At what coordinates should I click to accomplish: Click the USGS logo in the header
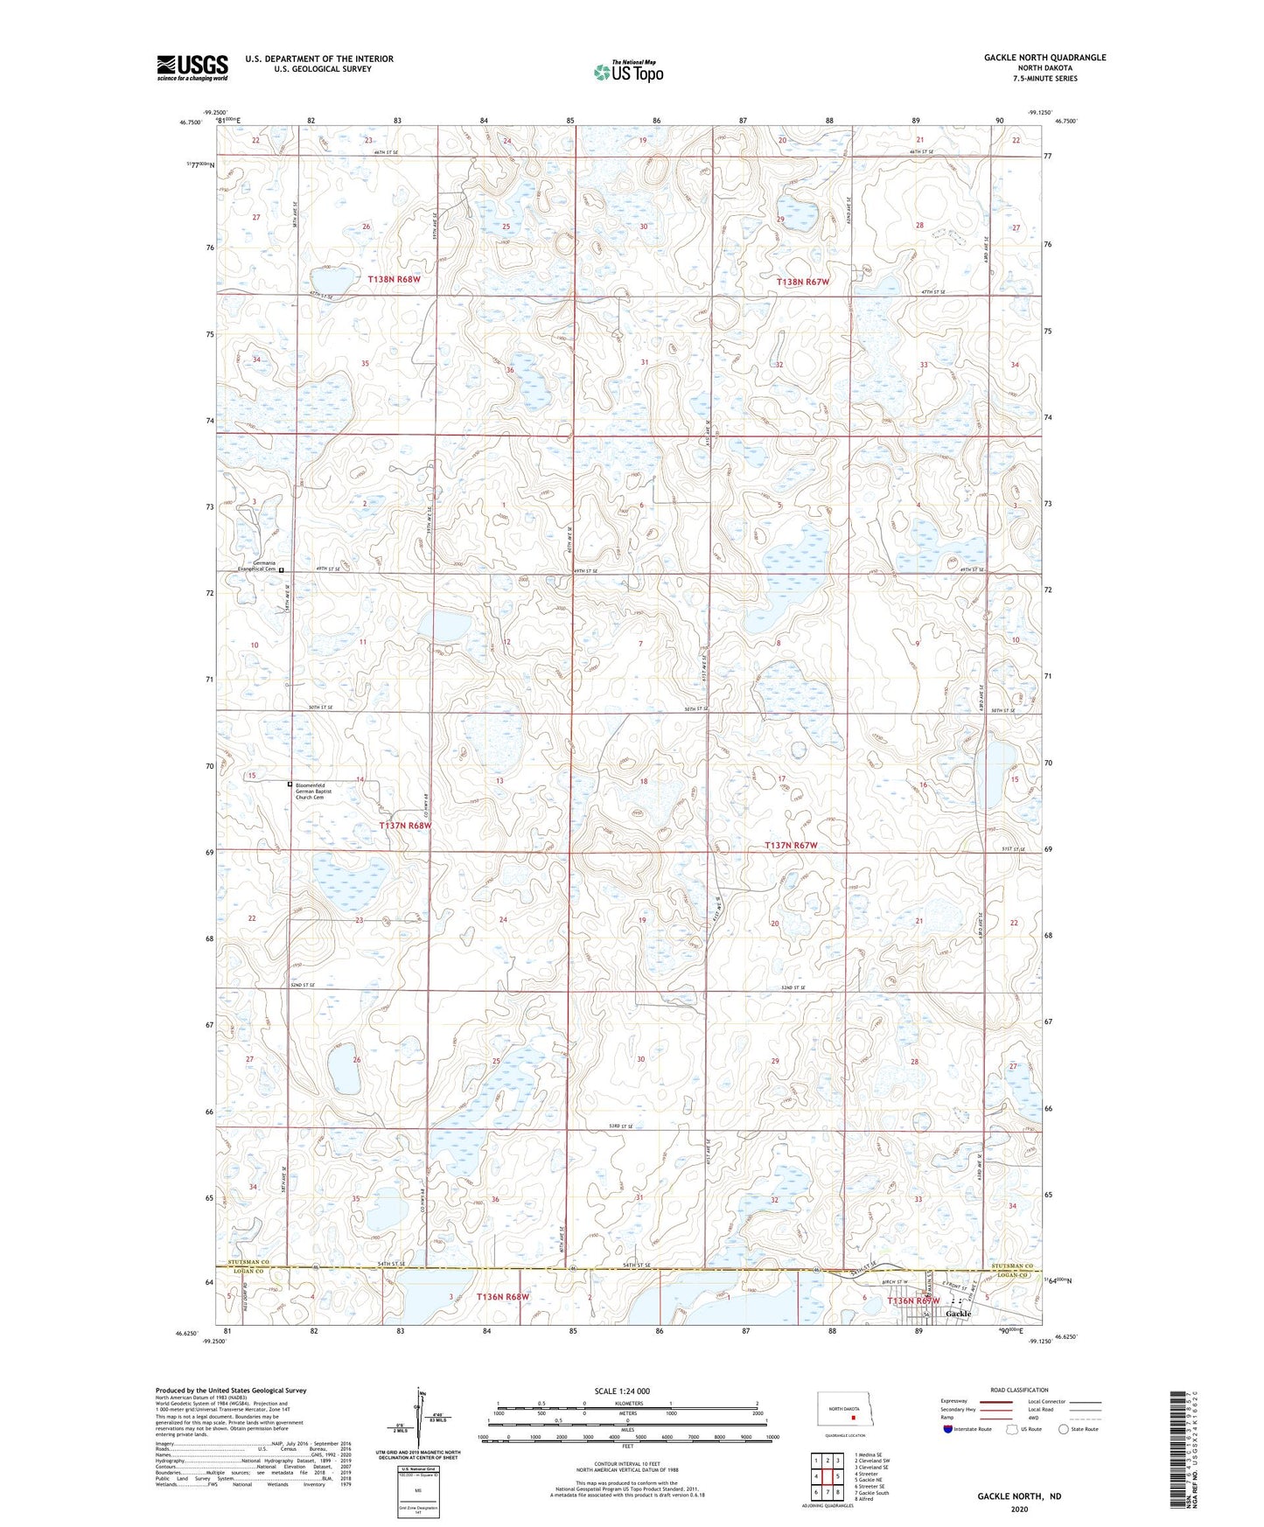pos(192,67)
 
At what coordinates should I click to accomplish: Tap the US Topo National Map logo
pos(627,72)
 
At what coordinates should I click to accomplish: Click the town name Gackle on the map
pos(958,1314)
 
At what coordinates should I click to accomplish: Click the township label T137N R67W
pos(791,846)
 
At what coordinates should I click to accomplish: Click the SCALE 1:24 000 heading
pos(622,1391)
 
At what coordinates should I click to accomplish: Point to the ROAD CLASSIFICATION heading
pos(1020,1390)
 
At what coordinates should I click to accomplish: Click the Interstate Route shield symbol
pos(949,1429)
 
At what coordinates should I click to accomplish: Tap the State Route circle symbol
pos(1064,1429)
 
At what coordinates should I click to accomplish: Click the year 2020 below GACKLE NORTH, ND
pos(1019,1510)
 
